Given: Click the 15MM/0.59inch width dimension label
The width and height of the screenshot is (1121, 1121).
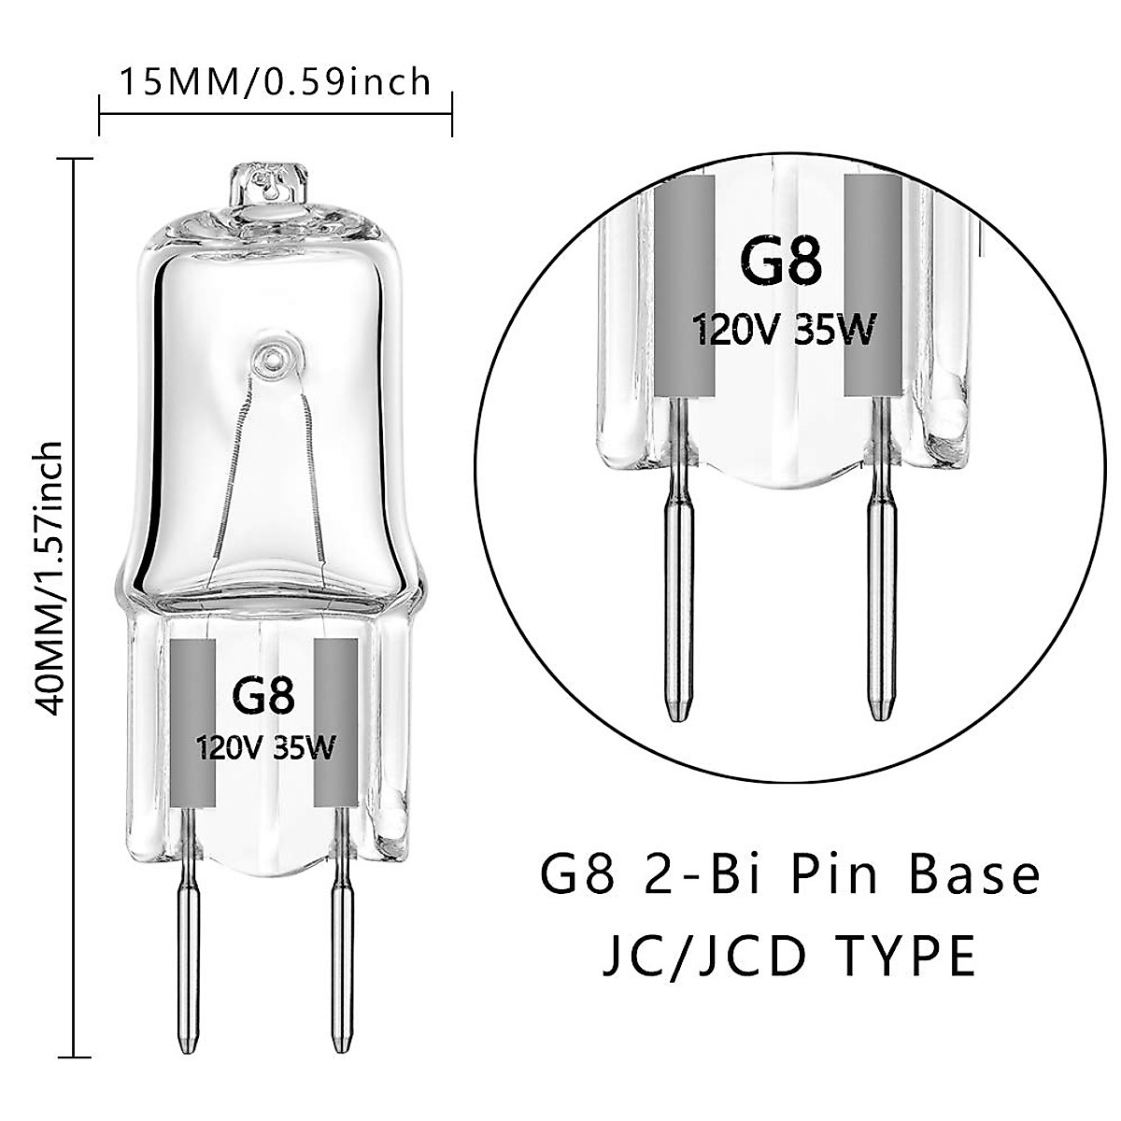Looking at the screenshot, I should coord(275,82).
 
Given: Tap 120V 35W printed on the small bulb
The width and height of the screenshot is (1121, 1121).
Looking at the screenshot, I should coord(264,746).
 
